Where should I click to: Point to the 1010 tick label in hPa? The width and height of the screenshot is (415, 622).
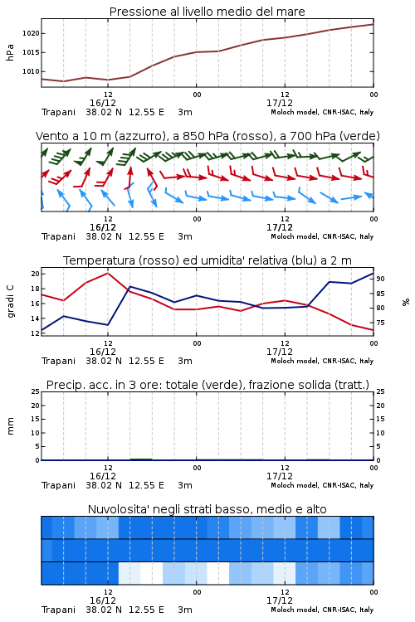[31, 71]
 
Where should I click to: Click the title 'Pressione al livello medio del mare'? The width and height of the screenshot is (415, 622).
[207, 12]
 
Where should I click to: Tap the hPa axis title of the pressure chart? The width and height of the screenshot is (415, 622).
[10, 52]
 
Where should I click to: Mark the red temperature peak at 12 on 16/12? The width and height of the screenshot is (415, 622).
[108, 273]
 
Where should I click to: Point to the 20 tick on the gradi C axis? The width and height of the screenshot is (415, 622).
[36, 274]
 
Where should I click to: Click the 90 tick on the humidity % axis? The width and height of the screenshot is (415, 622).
[380, 279]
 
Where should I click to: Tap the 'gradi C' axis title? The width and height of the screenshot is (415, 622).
[10, 302]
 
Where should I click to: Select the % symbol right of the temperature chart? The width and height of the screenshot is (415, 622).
[406, 302]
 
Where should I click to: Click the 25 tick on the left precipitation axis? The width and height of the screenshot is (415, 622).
[36, 391]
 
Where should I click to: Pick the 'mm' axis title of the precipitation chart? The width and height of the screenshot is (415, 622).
[10, 425]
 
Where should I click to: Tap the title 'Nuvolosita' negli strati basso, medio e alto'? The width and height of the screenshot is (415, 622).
[207, 509]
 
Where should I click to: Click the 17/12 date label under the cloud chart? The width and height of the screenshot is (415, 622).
[279, 600]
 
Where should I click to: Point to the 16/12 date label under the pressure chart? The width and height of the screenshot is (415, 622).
[102, 103]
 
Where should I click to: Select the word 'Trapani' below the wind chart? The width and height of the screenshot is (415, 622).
[58, 236]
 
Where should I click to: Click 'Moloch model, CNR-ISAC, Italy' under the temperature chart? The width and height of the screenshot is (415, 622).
[322, 361]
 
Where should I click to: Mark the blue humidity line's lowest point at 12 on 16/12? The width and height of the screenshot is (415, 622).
[108, 325]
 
